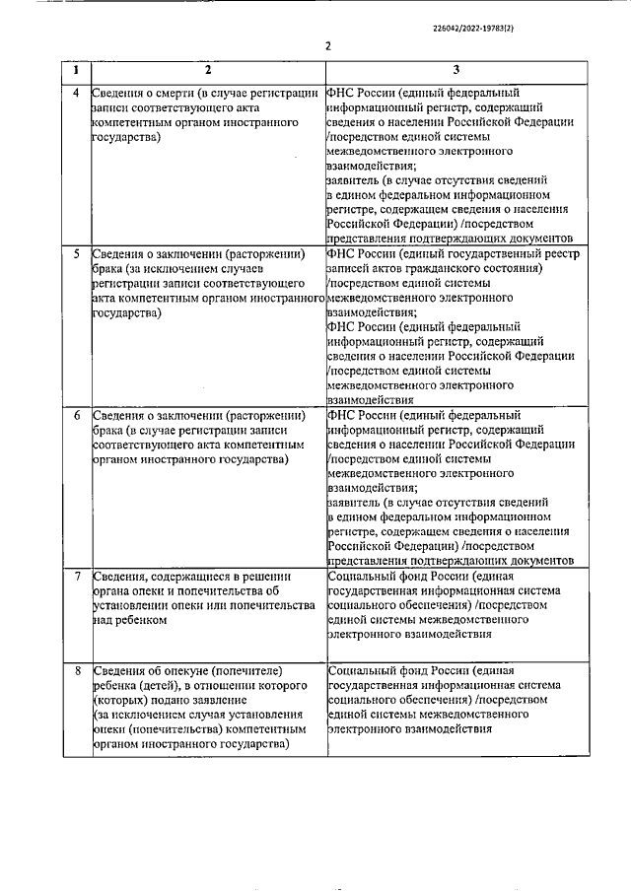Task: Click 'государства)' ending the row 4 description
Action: (126, 140)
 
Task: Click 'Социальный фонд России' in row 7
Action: (401, 576)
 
